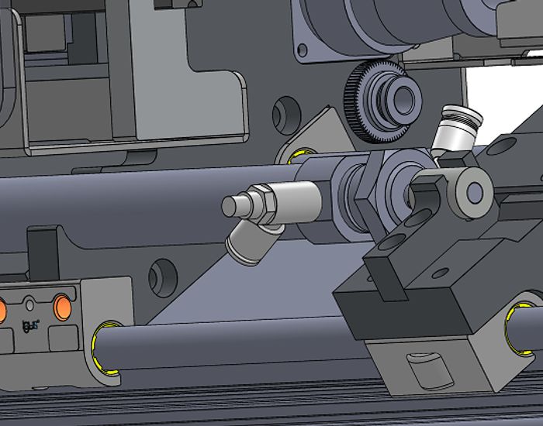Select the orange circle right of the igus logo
pyautogui.click(x=63, y=308)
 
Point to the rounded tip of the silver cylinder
pyautogui.click(x=233, y=206)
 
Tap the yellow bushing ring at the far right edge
pyautogui.click(x=516, y=329)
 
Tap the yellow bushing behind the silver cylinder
pyautogui.click(x=298, y=158)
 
